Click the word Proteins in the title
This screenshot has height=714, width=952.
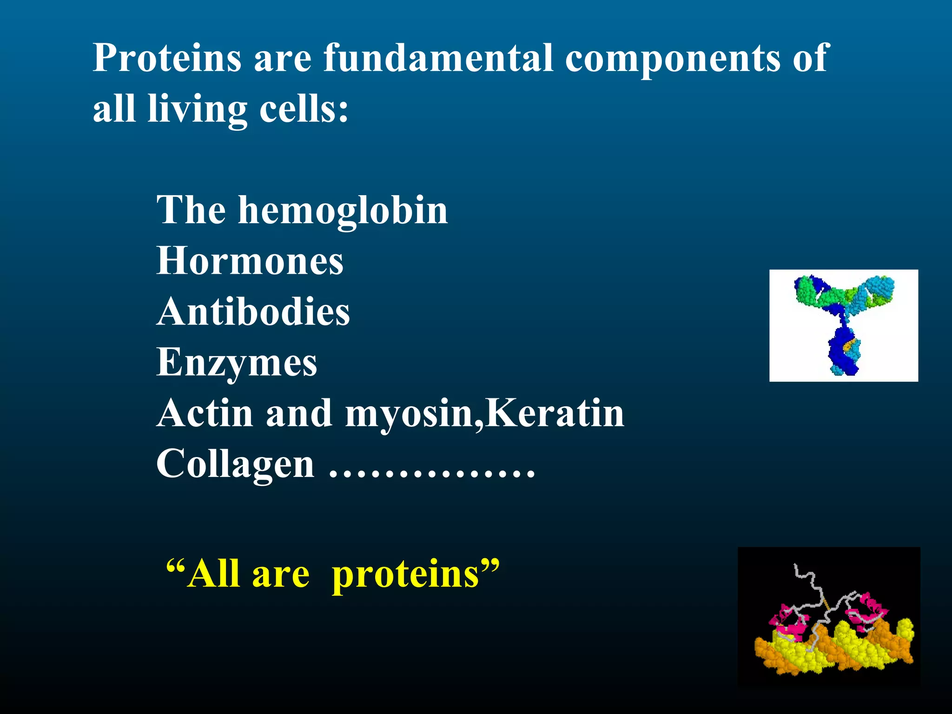point(167,58)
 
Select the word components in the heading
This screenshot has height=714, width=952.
point(672,59)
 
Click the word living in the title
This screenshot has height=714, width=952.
point(197,110)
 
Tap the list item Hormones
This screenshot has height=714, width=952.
point(250,261)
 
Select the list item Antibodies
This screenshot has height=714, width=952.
point(253,311)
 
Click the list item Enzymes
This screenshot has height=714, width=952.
point(237,363)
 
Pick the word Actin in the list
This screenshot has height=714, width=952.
point(204,413)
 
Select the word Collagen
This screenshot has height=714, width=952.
point(235,464)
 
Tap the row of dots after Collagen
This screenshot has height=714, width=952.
point(432,475)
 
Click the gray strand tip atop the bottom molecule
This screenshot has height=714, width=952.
point(797,568)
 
